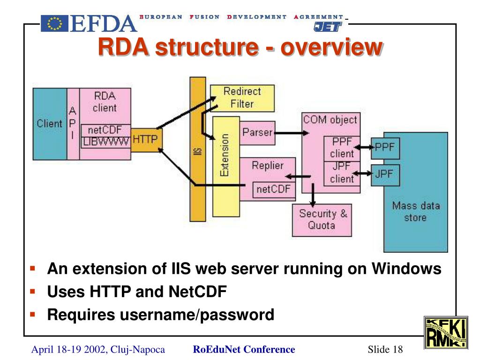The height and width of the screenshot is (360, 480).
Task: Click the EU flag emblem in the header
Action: pyautogui.click(x=54, y=23)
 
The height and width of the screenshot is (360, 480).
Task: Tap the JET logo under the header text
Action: pyautogui.click(x=328, y=27)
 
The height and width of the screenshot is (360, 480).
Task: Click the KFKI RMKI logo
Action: pyautogui.click(x=446, y=333)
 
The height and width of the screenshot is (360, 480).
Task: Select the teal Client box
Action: pyautogui.click(x=50, y=124)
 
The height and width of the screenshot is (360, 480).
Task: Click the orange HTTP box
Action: pyautogui.click(x=146, y=140)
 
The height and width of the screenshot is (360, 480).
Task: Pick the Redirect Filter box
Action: pyautogui.click(x=242, y=98)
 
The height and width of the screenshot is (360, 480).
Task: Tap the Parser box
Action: pyautogui.click(x=257, y=133)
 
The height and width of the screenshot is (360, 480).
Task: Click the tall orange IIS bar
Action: pyautogui.click(x=198, y=149)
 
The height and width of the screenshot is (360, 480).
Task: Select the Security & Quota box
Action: pyautogui.click(x=322, y=220)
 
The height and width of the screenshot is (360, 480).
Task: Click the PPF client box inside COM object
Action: pyautogui.click(x=342, y=149)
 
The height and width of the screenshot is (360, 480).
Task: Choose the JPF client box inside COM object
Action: pyautogui.click(x=342, y=173)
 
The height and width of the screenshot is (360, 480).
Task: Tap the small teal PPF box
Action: pyautogui.click(x=385, y=148)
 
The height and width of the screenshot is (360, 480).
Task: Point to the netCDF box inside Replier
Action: pyautogui.click(x=274, y=190)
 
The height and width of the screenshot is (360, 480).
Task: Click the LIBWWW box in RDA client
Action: pyautogui.click(x=105, y=142)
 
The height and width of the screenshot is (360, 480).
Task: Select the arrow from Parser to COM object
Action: pyautogui.click(x=292, y=133)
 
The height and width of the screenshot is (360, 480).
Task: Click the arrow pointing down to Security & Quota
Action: pyautogui.click(x=313, y=195)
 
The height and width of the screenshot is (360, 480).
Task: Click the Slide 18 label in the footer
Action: pyautogui.click(x=385, y=349)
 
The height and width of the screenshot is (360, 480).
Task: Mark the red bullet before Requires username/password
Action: pyautogui.click(x=33, y=314)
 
